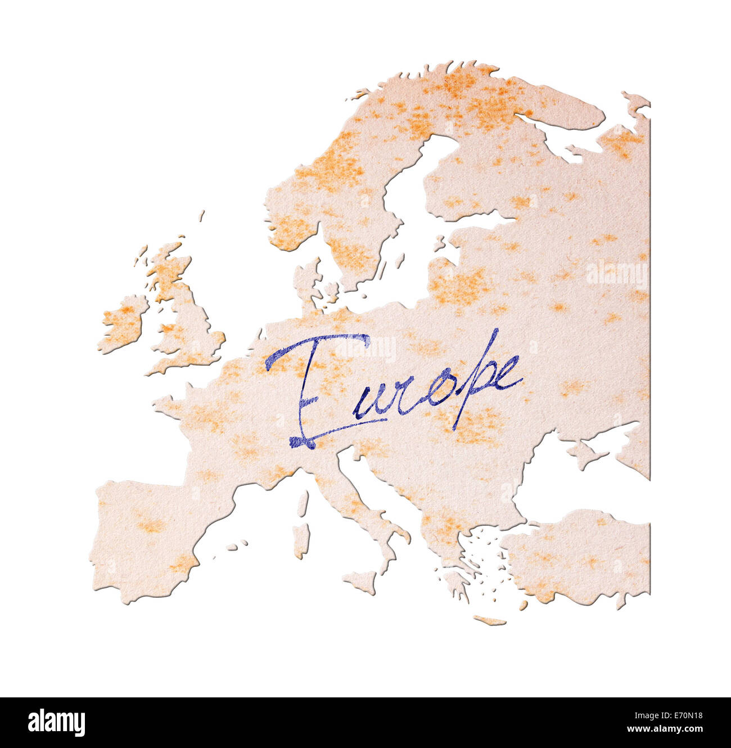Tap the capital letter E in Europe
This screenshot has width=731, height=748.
[x=309, y=388]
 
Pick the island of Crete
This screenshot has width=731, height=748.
[x=489, y=620]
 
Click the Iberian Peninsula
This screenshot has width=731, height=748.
[x=146, y=534]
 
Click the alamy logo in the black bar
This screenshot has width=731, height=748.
[x=56, y=723]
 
